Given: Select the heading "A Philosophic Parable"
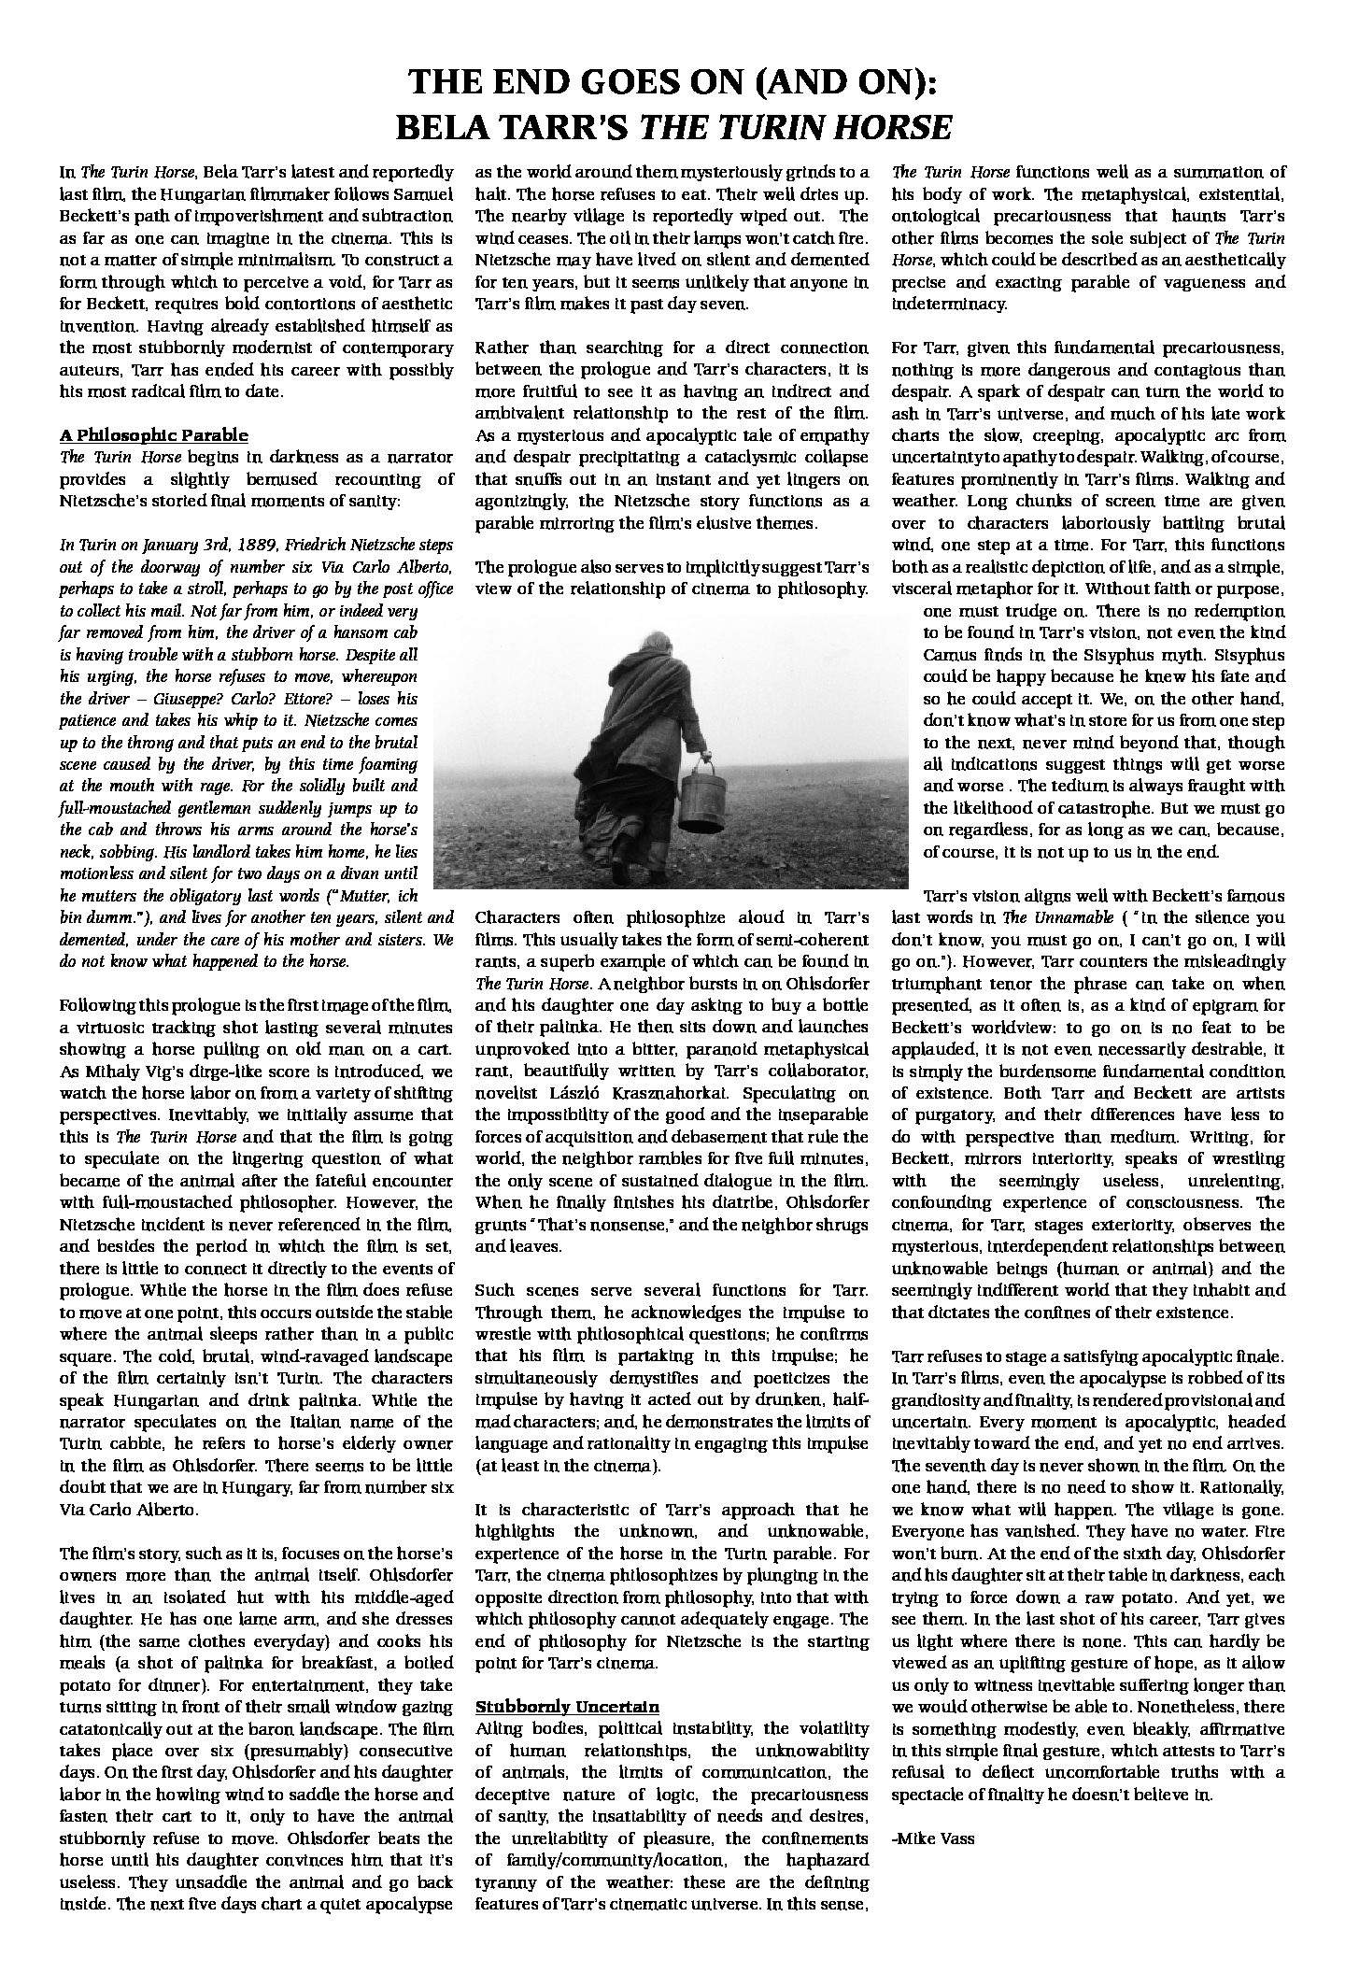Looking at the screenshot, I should (154, 434).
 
